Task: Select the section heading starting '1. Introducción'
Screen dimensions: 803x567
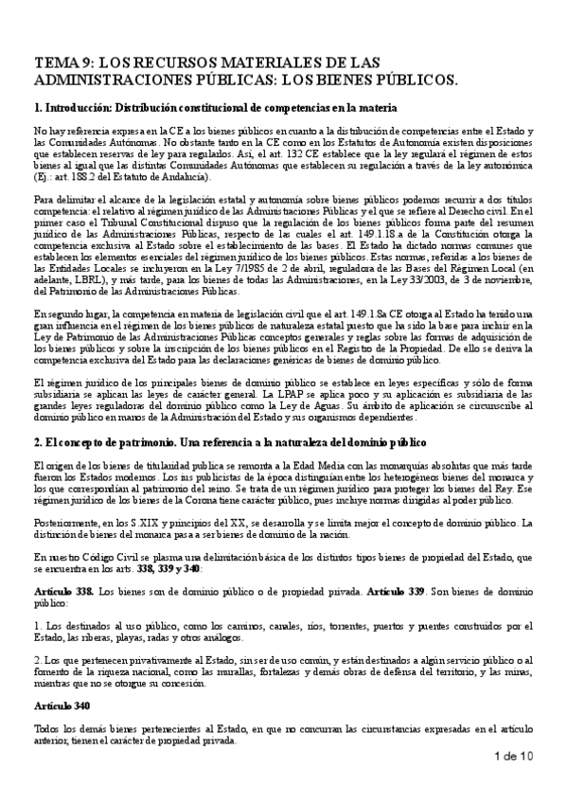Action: pos(213,108)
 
